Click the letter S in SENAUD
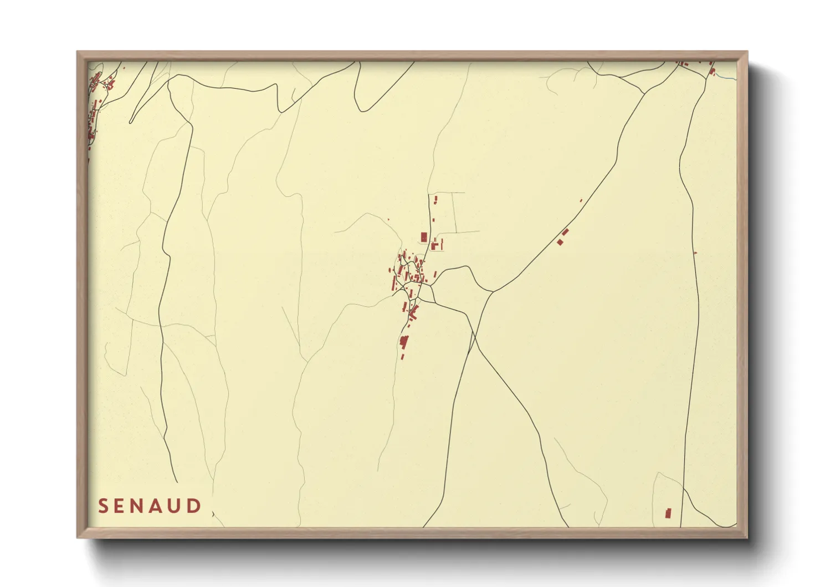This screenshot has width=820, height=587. tap(103, 506)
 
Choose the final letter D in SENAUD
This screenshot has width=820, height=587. tap(195, 506)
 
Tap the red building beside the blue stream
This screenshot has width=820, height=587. tap(713, 71)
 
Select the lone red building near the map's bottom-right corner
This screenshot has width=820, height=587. tap(668, 513)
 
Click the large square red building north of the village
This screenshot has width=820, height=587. tap(424, 237)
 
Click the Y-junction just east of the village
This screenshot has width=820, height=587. tap(492, 291)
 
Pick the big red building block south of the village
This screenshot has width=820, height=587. tap(404, 341)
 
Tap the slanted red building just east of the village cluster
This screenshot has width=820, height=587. tap(435, 274)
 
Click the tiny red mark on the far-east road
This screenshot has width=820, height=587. tap(695, 253)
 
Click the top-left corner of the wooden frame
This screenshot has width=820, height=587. tap(78, 52)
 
